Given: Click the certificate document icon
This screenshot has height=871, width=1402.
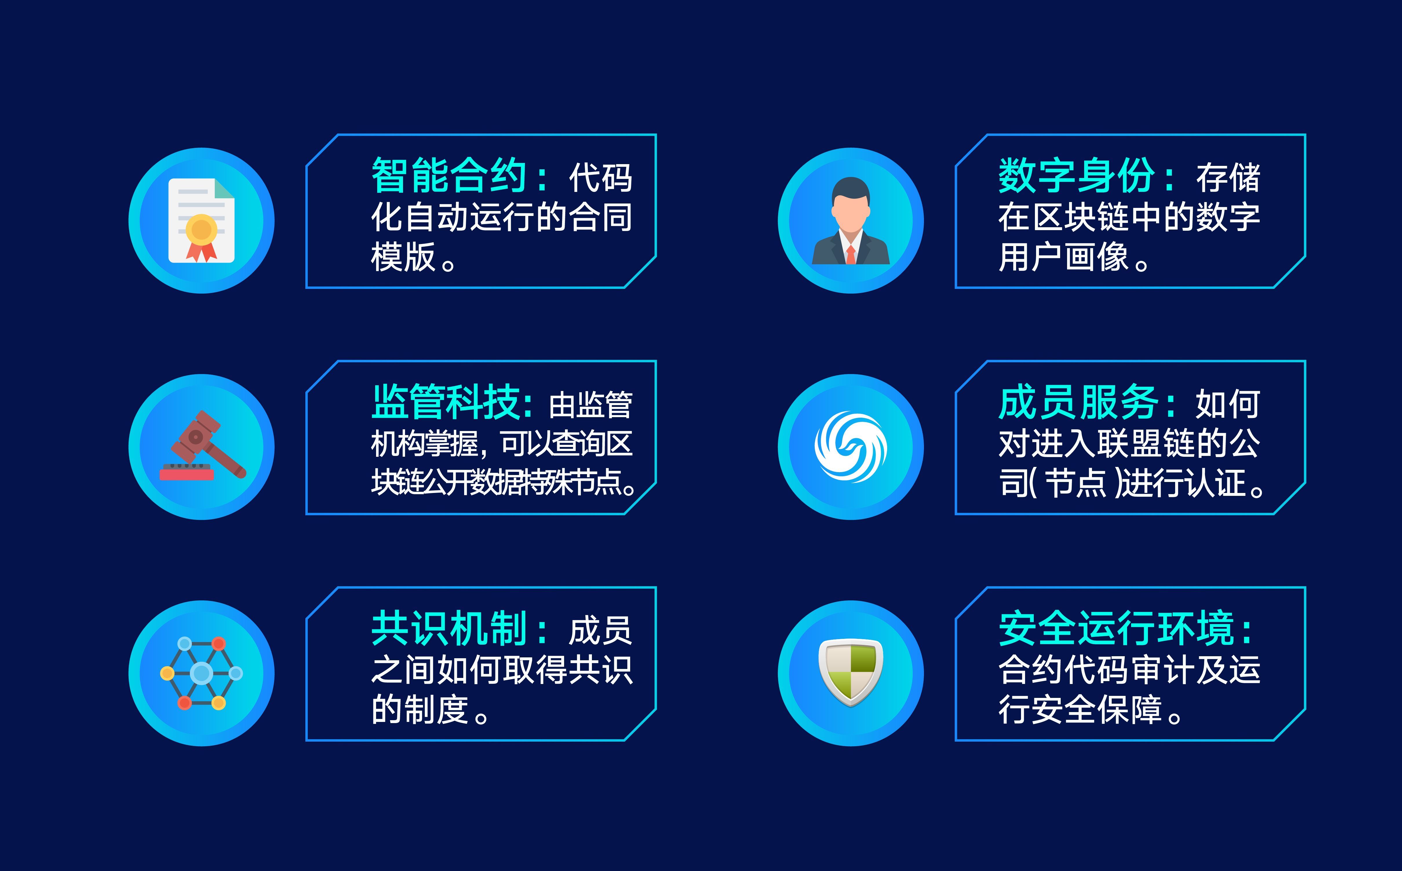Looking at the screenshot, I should (x=201, y=221).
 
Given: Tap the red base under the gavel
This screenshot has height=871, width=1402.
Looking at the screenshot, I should (x=187, y=474).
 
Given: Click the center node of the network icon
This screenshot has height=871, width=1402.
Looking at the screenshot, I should (x=201, y=673).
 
